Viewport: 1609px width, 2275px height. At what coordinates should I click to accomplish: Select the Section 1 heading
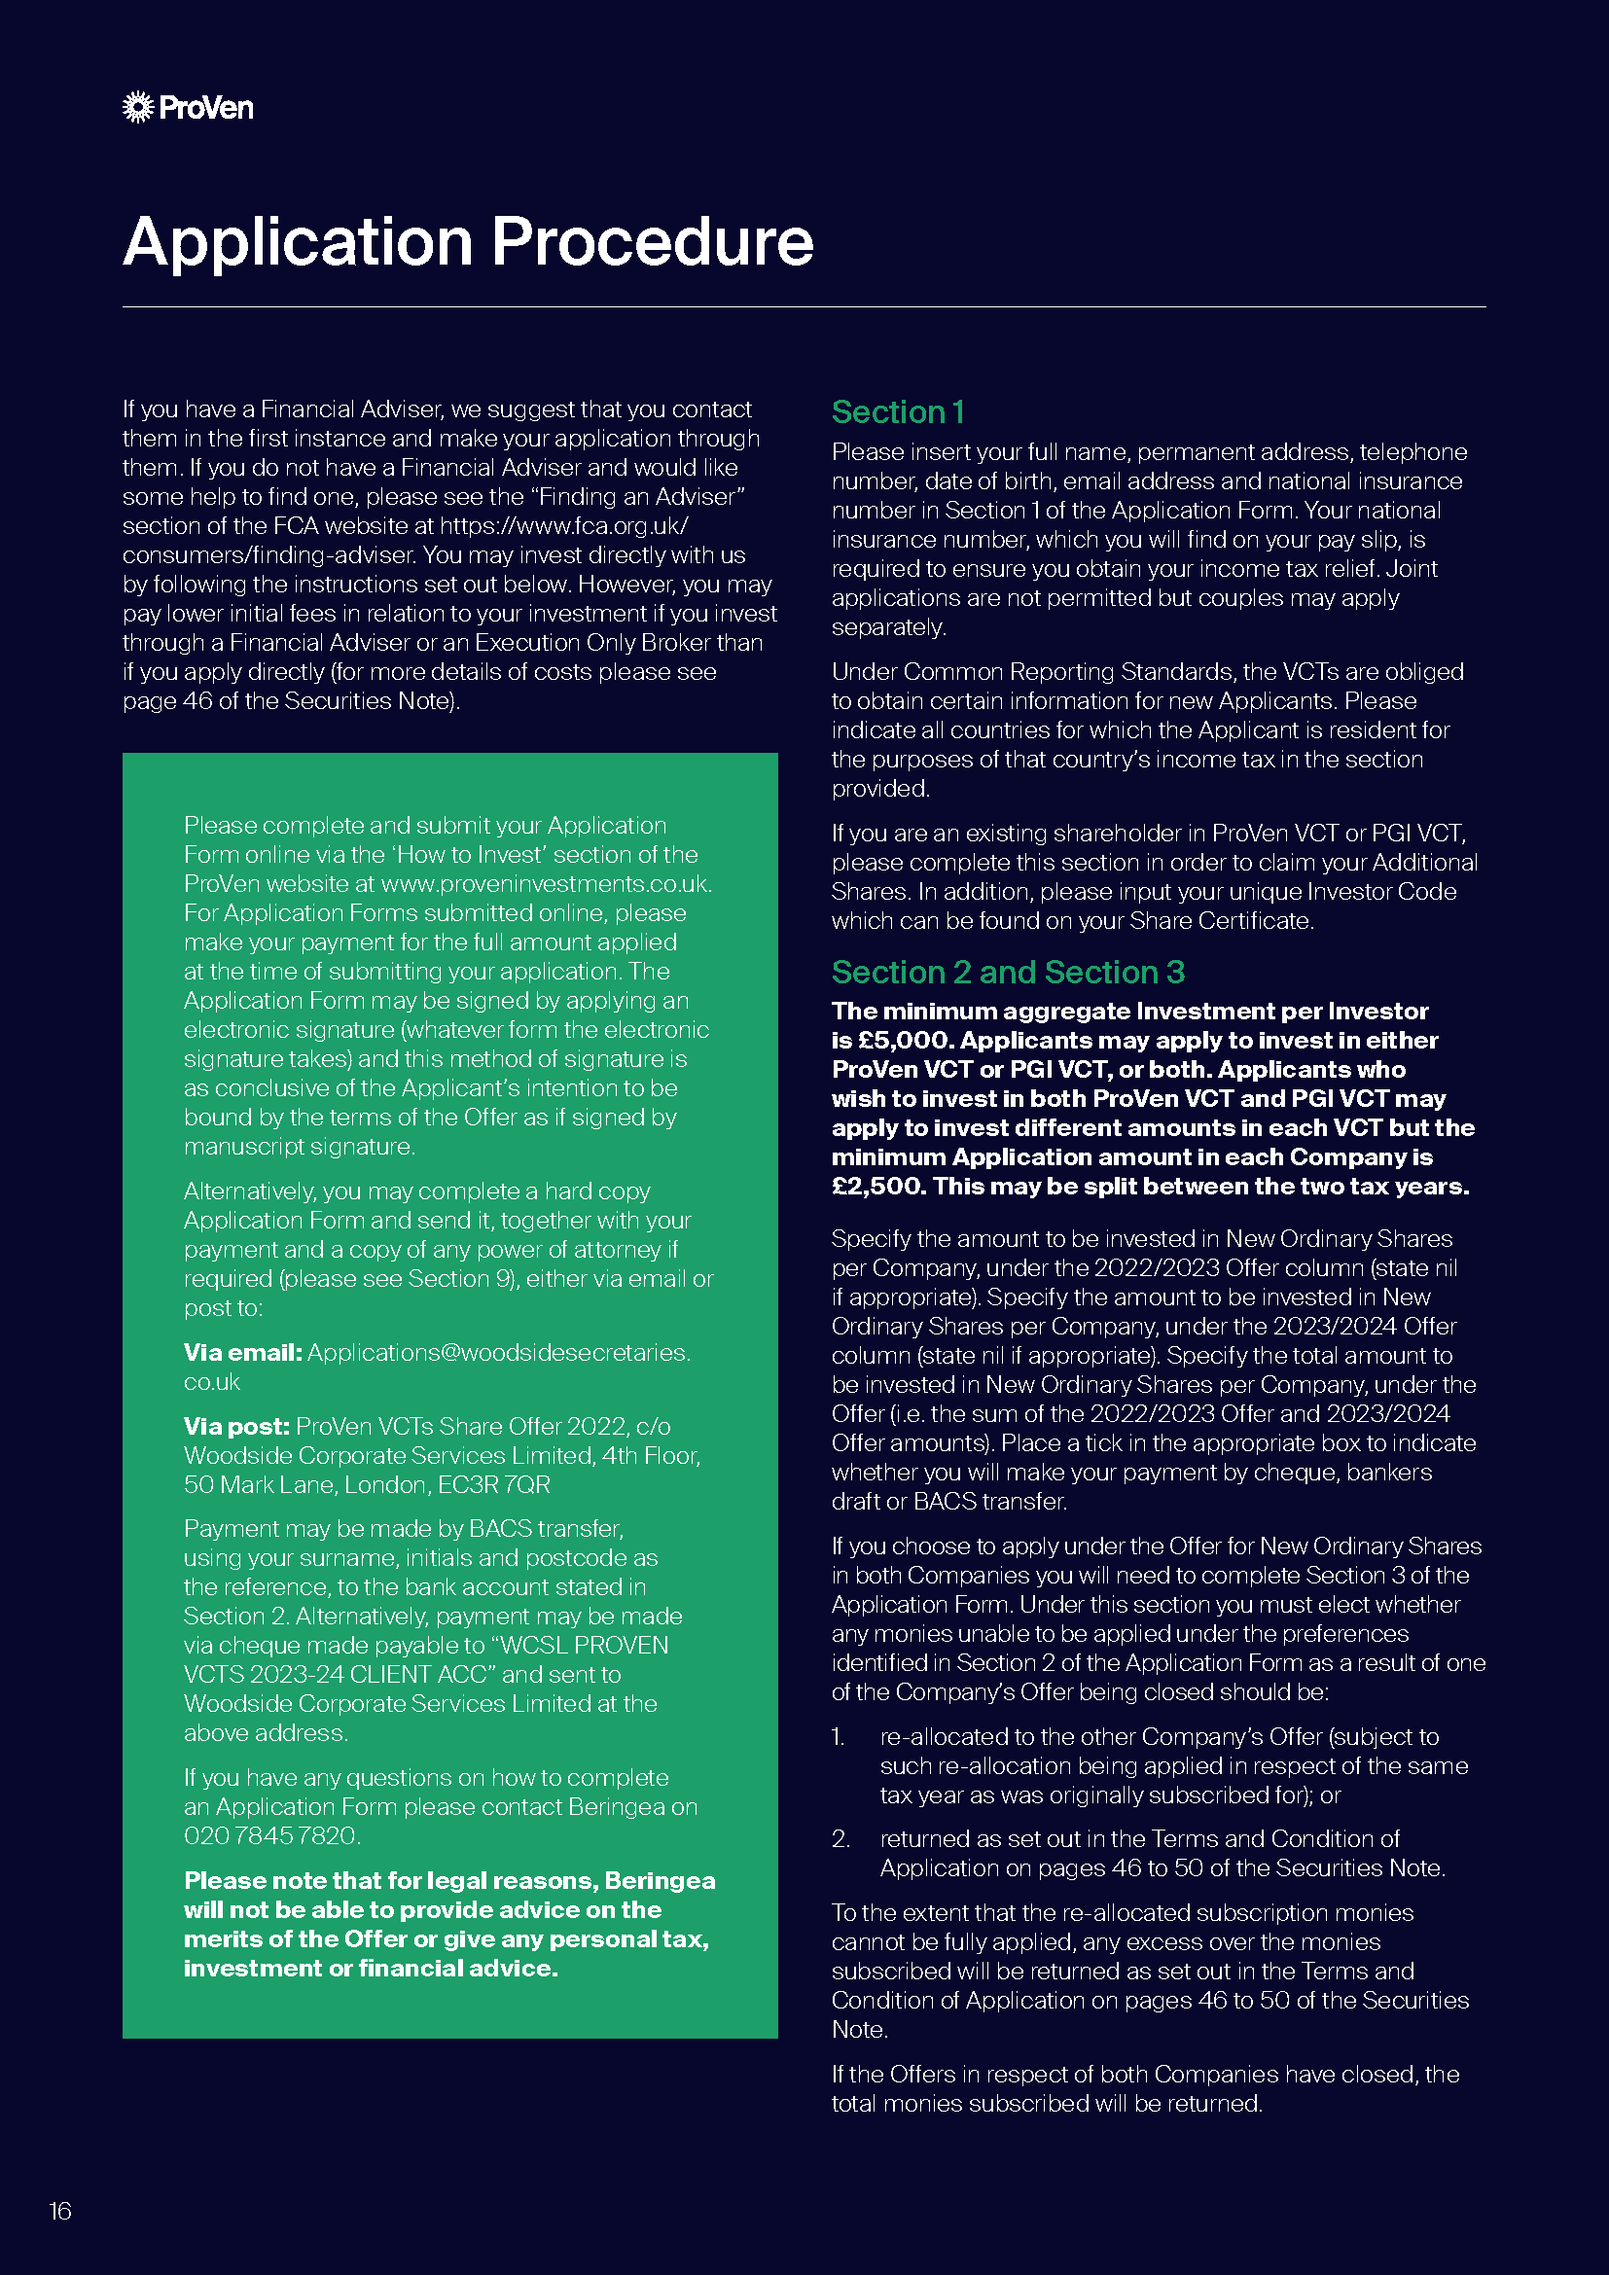[897, 412]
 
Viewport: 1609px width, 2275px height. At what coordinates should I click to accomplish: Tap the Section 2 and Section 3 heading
[1007, 973]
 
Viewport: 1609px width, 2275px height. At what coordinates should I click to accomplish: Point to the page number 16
[60, 2211]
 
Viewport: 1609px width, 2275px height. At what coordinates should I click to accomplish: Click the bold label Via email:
[243, 1353]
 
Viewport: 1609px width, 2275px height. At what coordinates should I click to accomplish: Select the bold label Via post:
[235, 1427]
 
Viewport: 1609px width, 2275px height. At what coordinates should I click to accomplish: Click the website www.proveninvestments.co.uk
[545, 884]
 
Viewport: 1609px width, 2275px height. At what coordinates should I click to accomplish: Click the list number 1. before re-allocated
[839, 1737]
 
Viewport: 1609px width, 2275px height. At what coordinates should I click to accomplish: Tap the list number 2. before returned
[840, 1839]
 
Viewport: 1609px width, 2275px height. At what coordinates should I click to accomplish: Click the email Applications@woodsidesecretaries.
[498, 1353]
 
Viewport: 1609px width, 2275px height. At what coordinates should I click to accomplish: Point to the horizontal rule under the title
[804, 307]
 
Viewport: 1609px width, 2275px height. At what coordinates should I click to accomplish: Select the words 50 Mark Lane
[250, 1485]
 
